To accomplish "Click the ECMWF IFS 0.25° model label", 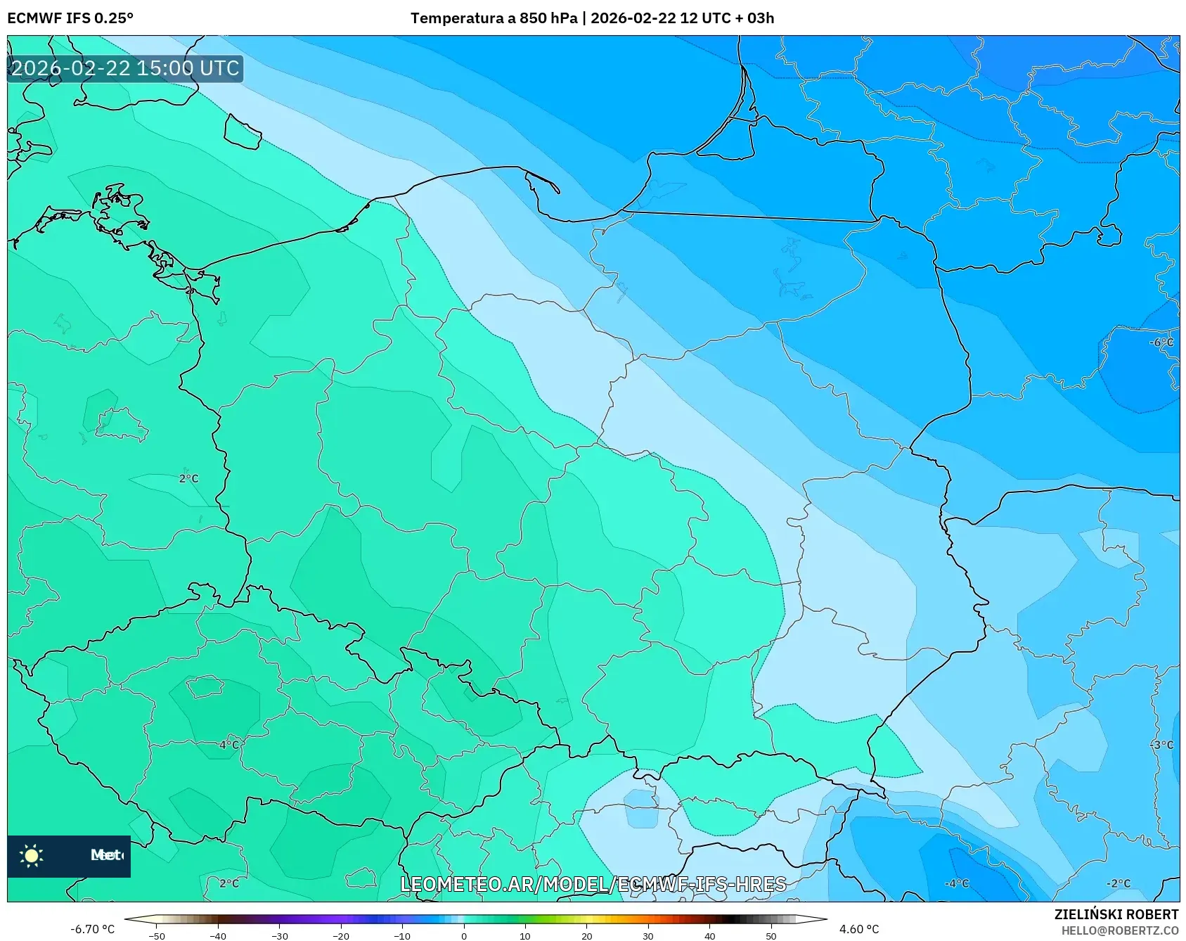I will coord(70,18).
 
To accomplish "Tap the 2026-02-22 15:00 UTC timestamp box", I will coord(125,68).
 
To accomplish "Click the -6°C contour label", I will coord(1161,343).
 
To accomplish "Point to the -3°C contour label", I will coord(1161,745).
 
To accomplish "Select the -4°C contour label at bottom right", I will coord(956,883).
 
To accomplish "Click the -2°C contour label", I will coord(1118,883).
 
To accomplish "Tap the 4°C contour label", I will coord(228,745).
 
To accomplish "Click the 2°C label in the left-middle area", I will coord(188,478).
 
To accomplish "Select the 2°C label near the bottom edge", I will coord(228,883).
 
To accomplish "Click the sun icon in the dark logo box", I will coord(32,856).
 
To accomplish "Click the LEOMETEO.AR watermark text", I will coord(593,884).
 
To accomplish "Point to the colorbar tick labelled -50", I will coord(157,935).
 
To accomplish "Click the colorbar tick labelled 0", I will coord(463,935).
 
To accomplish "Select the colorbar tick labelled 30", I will coord(647,935).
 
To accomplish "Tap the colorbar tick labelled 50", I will coord(771,935).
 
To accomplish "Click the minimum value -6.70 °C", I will coord(92,929).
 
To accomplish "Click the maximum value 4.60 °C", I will coord(858,929).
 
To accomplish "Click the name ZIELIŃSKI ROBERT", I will coord(1116,914).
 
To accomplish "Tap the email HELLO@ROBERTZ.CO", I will coord(1119,930).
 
